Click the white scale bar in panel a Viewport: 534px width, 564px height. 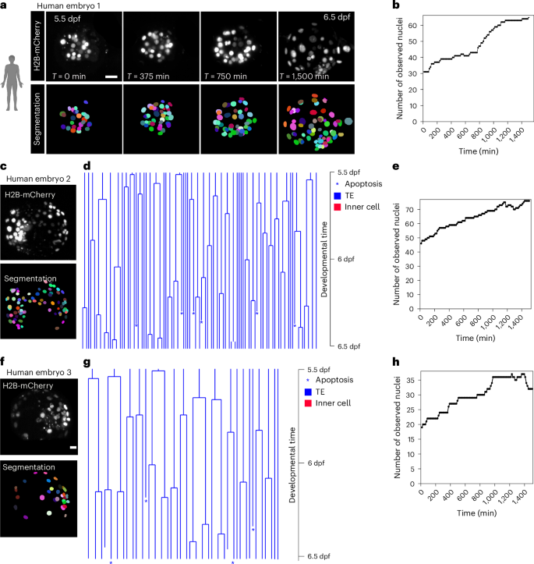coord(111,76)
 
